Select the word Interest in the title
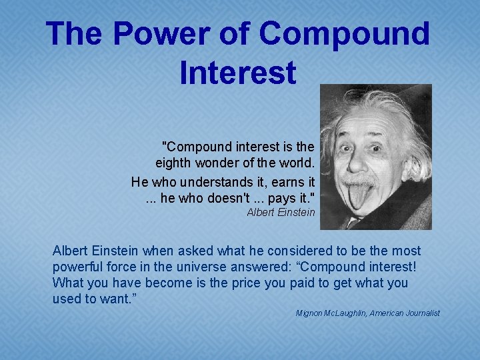[x=238, y=72]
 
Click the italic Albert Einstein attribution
[x=281, y=213]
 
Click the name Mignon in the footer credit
[x=309, y=313]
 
